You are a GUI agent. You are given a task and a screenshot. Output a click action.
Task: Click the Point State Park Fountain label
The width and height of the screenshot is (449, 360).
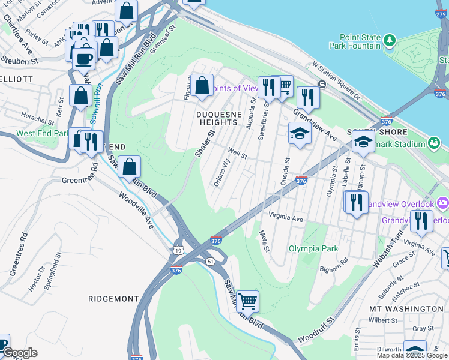tap(355, 41)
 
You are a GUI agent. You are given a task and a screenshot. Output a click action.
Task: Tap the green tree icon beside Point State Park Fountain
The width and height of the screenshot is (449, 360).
tap(390, 40)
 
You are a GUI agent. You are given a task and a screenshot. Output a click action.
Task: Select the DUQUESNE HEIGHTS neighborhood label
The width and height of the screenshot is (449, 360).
tap(219, 118)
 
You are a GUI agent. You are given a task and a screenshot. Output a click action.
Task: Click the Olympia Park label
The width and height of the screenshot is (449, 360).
tap(313, 248)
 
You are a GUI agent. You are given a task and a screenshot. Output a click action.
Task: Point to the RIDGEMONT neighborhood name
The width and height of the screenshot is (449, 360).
tap(113, 298)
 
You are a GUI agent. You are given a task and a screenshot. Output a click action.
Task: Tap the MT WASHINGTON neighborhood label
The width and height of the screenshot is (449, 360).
tap(406, 308)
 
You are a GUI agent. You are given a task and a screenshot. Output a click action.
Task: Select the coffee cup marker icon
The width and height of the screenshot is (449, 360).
tap(84, 59)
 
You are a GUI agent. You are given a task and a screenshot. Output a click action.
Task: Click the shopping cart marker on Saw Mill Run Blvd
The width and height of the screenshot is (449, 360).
tap(247, 301)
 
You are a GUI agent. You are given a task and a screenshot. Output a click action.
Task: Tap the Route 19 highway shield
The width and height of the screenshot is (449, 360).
tap(179, 250)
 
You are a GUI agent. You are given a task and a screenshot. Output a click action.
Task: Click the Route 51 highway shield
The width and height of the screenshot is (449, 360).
tap(210, 262)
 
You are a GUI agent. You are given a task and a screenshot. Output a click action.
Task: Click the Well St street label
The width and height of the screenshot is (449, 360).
tap(237, 155)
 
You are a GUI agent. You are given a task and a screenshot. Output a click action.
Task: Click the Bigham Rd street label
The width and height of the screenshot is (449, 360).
tap(334, 266)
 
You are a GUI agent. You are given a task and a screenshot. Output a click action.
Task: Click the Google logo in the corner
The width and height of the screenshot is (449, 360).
tap(19, 353)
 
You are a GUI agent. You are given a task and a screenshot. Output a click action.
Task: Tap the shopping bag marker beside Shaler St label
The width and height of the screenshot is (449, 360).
tap(202, 86)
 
